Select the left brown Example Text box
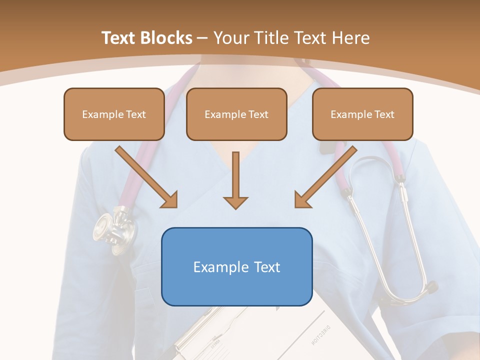tap(114, 114)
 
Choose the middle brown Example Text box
tap(236, 114)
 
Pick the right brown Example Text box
tap(362, 114)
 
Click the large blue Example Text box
tap(236, 266)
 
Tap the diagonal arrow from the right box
tap(324, 178)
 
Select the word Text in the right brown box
tap(384, 114)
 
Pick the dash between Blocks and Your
tap(202, 38)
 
